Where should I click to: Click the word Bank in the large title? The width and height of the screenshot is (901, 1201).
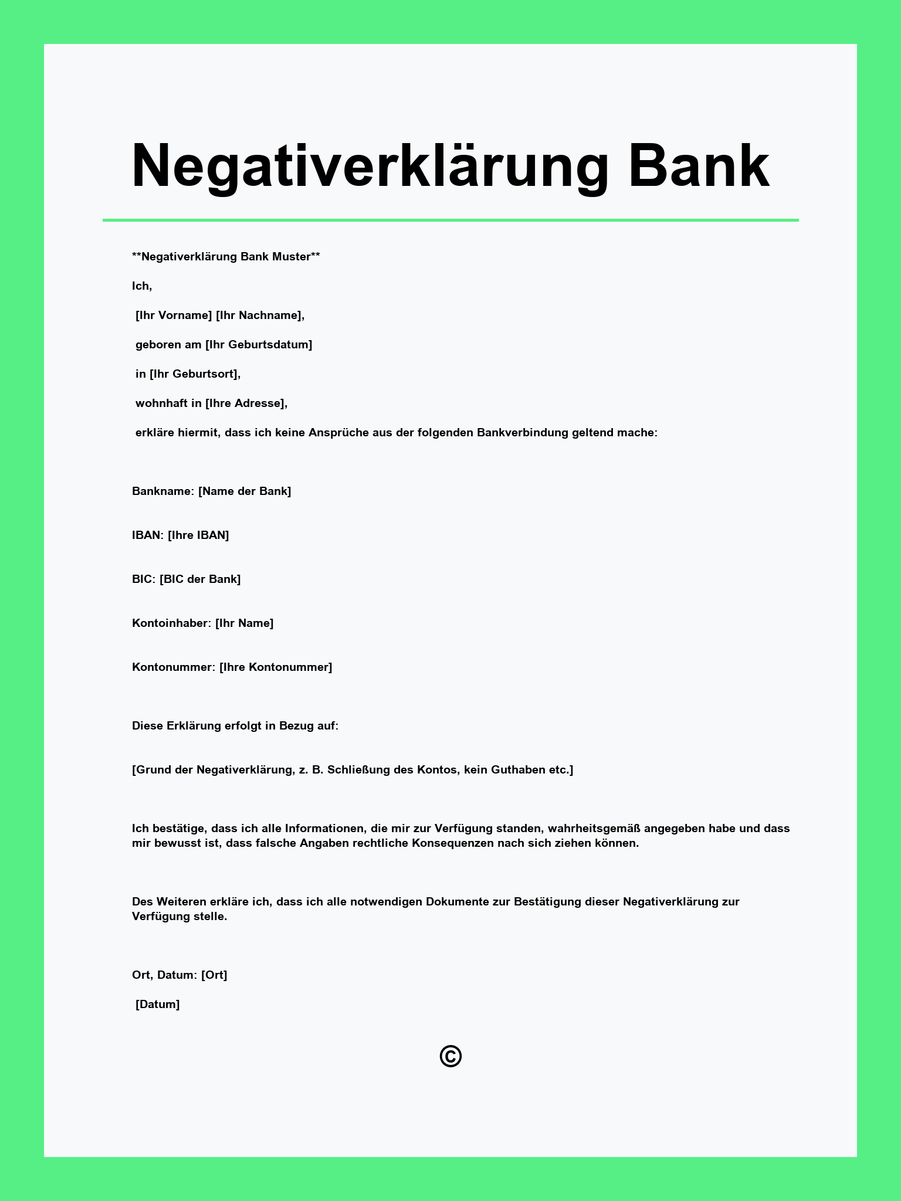(x=698, y=167)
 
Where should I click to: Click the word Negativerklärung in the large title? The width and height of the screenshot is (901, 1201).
(x=370, y=167)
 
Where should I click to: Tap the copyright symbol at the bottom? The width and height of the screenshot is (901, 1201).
(x=450, y=1056)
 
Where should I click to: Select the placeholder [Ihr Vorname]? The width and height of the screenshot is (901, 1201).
(x=174, y=315)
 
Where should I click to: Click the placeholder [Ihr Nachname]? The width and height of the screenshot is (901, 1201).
(x=259, y=315)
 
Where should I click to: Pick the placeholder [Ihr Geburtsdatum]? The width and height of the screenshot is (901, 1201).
(x=259, y=345)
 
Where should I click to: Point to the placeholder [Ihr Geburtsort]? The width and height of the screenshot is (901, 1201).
(x=194, y=374)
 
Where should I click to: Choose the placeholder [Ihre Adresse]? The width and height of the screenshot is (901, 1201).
(x=246, y=403)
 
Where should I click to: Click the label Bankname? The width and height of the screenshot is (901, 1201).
(x=162, y=491)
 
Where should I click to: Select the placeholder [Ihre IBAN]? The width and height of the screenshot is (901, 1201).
(x=198, y=535)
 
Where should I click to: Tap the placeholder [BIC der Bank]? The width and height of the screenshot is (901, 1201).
(x=200, y=579)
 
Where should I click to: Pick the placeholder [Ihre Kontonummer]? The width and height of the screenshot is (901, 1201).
(x=276, y=667)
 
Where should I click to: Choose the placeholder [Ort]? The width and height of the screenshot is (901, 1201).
(x=214, y=975)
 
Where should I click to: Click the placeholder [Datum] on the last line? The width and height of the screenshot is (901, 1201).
(x=157, y=1005)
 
